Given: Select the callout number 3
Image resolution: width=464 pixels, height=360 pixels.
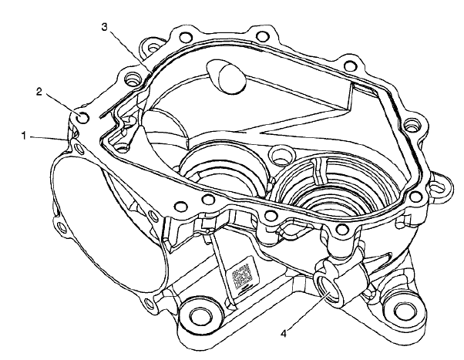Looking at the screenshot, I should (x=105, y=27).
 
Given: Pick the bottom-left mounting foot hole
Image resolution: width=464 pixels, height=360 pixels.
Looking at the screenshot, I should (x=198, y=316).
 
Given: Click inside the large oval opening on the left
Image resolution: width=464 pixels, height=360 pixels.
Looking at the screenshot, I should (x=116, y=224).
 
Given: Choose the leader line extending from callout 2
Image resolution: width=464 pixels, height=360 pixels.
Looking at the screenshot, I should (x=62, y=104).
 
